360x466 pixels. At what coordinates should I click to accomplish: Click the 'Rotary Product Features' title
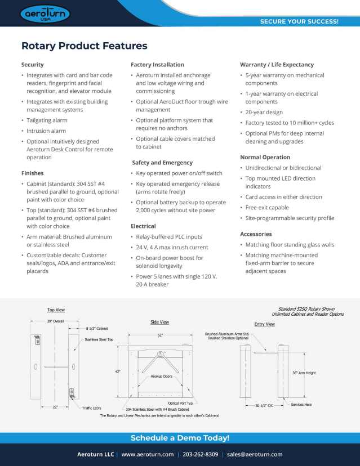click(x=85, y=46)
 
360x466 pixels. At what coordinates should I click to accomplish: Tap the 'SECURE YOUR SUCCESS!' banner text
click(x=299, y=22)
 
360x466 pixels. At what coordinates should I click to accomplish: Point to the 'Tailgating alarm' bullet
click(x=47, y=120)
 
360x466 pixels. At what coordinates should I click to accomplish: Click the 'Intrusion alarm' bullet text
click(x=46, y=131)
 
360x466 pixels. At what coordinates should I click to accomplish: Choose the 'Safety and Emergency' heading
click(x=162, y=163)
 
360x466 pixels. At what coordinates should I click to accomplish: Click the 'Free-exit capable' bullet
click(x=267, y=208)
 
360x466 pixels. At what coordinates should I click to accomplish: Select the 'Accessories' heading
click(x=256, y=234)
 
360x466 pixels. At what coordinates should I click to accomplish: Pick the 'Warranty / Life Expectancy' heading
click(x=277, y=65)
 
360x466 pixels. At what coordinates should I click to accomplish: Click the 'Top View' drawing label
click(x=56, y=310)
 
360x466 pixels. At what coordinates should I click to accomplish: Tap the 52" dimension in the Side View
click(x=161, y=335)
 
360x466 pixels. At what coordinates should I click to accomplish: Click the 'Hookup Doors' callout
click(x=161, y=375)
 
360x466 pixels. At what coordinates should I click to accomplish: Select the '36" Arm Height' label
click(x=304, y=373)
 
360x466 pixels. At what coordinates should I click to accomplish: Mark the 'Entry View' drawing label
click(x=264, y=324)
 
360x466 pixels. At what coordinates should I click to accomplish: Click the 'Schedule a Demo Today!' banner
click(x=180, y=438)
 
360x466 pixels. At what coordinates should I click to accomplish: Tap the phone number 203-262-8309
click(x=201, y=454)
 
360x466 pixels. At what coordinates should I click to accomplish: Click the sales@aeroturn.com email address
click(x=255, y=454)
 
